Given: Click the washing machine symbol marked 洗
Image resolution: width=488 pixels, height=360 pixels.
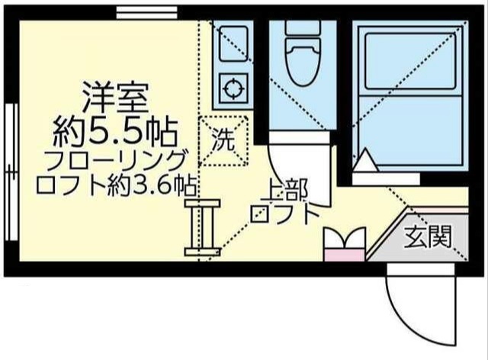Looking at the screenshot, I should (x=224, y=140).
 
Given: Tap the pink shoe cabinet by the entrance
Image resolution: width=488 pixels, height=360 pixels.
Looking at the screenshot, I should (x=345, y=246).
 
